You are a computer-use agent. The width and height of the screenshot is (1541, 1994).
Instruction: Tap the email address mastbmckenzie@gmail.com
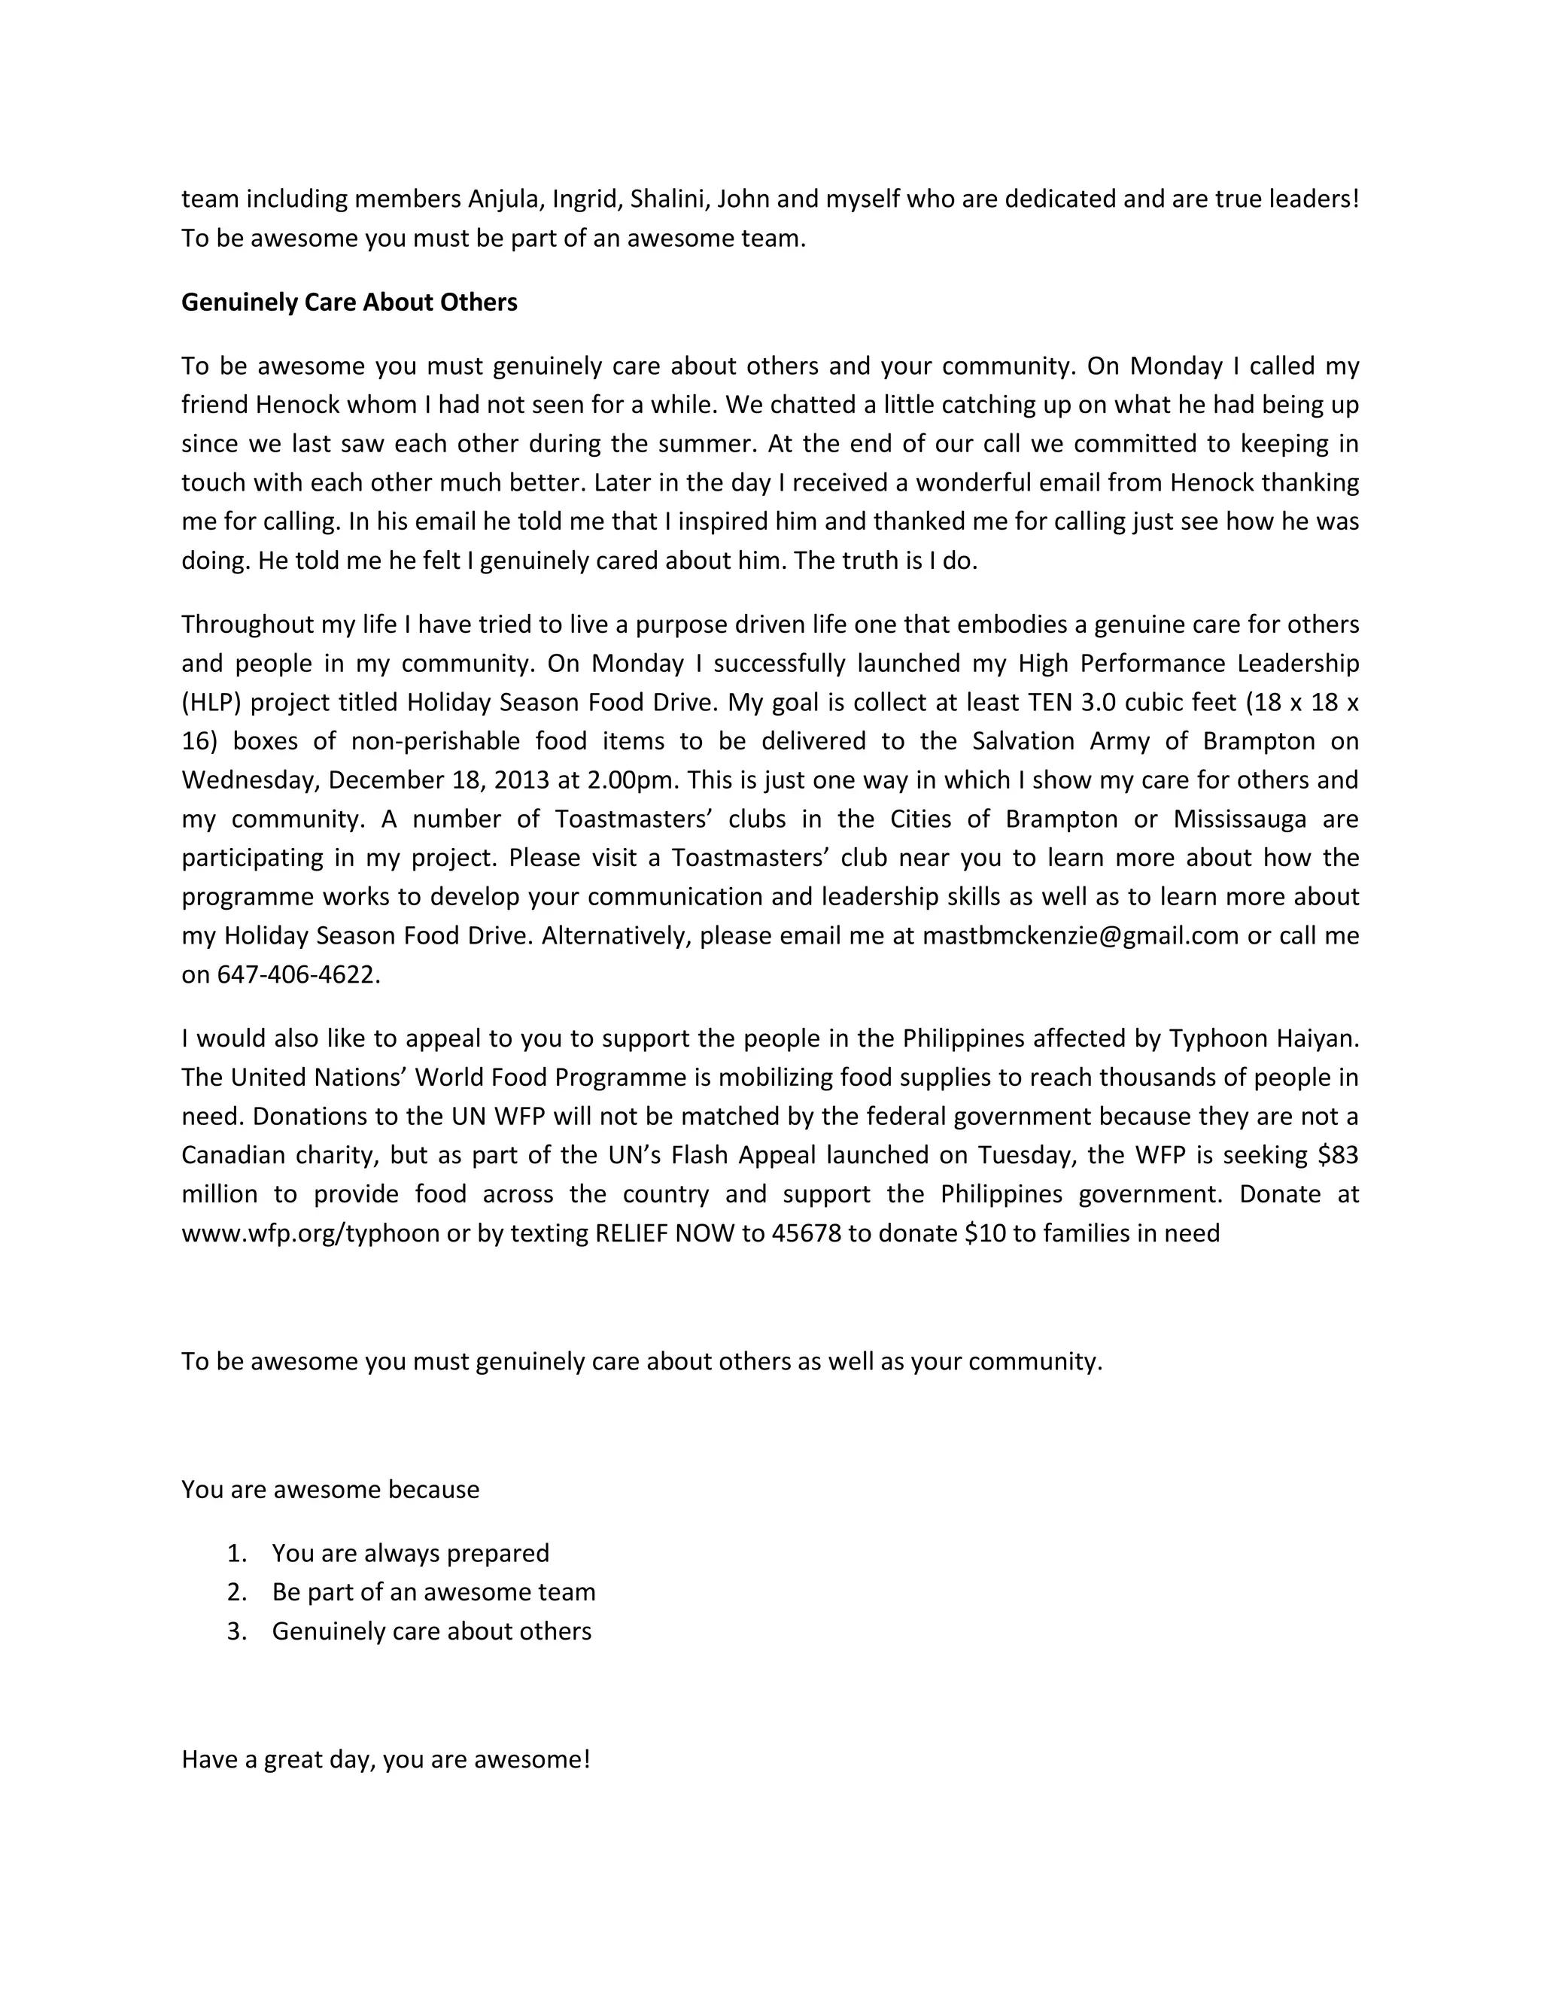(x=1080, y=936)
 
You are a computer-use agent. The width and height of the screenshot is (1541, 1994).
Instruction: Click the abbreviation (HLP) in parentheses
(x=211, y=703)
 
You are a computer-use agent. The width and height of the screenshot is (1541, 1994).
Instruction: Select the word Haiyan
(x=1317, y=1039)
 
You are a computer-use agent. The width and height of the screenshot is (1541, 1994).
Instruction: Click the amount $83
(x=1339, y=1156)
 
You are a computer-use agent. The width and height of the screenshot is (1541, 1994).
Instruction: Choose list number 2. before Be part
(x=237, y=1592)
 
